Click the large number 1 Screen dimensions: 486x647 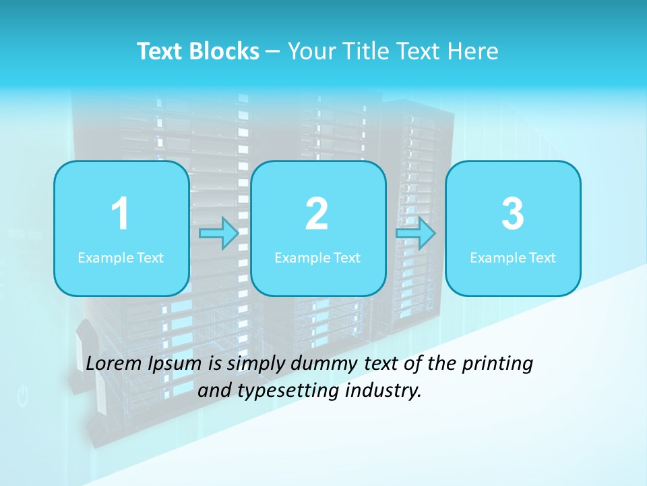pos(120,214)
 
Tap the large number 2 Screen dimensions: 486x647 pos(317,214)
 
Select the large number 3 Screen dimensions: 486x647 pos(513,214)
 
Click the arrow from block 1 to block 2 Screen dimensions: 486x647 pos(220,234)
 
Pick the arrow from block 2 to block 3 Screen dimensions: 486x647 pos(416,234)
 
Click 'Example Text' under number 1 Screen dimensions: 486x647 pos(121,257)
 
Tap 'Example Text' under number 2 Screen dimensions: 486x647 pos(317,257)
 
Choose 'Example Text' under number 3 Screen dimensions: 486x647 pos(513,257)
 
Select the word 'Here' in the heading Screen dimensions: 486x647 pos(472,51)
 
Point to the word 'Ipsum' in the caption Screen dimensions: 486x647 pos(175,364)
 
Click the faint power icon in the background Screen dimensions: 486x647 pos(23,396)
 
